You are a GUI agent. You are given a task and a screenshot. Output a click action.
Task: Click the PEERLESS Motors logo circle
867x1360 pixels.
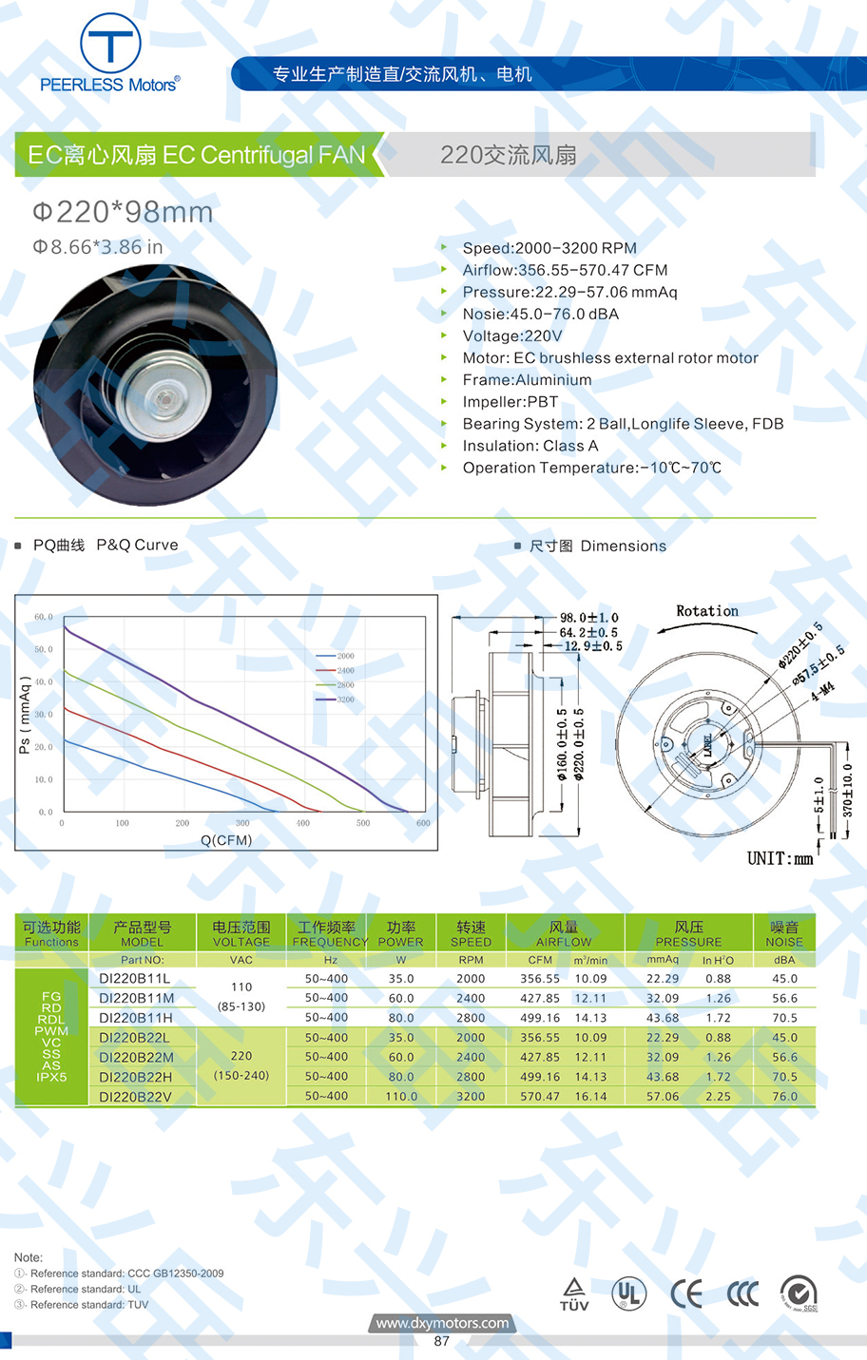pos(110,44)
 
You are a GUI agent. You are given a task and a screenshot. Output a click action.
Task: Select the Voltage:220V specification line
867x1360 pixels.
pos(511,335)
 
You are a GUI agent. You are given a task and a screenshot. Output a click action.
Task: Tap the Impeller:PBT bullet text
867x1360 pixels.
pos(510,401)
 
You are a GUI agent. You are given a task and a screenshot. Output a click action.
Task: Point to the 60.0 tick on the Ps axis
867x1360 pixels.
pos(44,617)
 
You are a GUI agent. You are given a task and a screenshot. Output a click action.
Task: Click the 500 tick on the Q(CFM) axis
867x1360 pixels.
pos(363,823)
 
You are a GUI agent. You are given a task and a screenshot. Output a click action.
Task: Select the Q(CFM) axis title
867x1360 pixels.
pos(226,840)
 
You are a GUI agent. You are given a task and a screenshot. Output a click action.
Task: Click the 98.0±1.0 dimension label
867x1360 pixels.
pos(589,618)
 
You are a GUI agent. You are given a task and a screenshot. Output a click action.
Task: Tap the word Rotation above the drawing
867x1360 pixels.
pos(706,611)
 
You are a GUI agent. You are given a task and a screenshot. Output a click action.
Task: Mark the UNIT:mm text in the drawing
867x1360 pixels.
pos(780,858)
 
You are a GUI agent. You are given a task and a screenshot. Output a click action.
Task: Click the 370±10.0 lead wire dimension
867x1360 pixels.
pos(848,791)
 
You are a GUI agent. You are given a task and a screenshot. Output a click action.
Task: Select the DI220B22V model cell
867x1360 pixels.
pos(135,1096)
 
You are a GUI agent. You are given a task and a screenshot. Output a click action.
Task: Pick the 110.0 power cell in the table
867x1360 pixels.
pos(401,1096)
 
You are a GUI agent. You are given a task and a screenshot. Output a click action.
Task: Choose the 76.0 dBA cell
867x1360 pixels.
pos(784,1096)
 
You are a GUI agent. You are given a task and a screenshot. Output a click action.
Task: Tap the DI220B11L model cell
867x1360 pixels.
pos(135,978)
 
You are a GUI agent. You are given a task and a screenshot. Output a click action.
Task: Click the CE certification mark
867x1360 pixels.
pos(686,1293)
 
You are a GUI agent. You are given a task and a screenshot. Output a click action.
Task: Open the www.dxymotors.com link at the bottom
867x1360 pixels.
pos(442,1323)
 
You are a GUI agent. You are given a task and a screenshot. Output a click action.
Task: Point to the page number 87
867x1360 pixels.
pos(441,1341)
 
